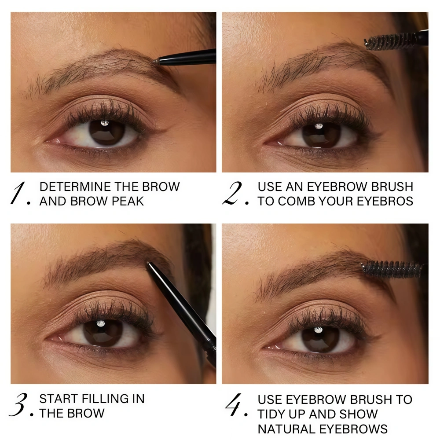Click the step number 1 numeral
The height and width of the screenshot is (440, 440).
click(18, 193)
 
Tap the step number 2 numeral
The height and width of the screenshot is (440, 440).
click(232, 193)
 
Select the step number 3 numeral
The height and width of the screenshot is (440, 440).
click(18, 404)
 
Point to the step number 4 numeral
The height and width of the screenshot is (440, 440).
click(234, 404)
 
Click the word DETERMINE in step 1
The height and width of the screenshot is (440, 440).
click(75, 187)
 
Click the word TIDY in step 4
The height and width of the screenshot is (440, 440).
click(272, 414)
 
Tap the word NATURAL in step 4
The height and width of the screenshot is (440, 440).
click(286, 429)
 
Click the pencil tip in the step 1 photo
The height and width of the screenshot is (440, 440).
click(154, 60)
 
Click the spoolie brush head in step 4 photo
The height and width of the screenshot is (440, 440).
click(392, 269)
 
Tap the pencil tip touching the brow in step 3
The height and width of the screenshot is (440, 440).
click(148, 264)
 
